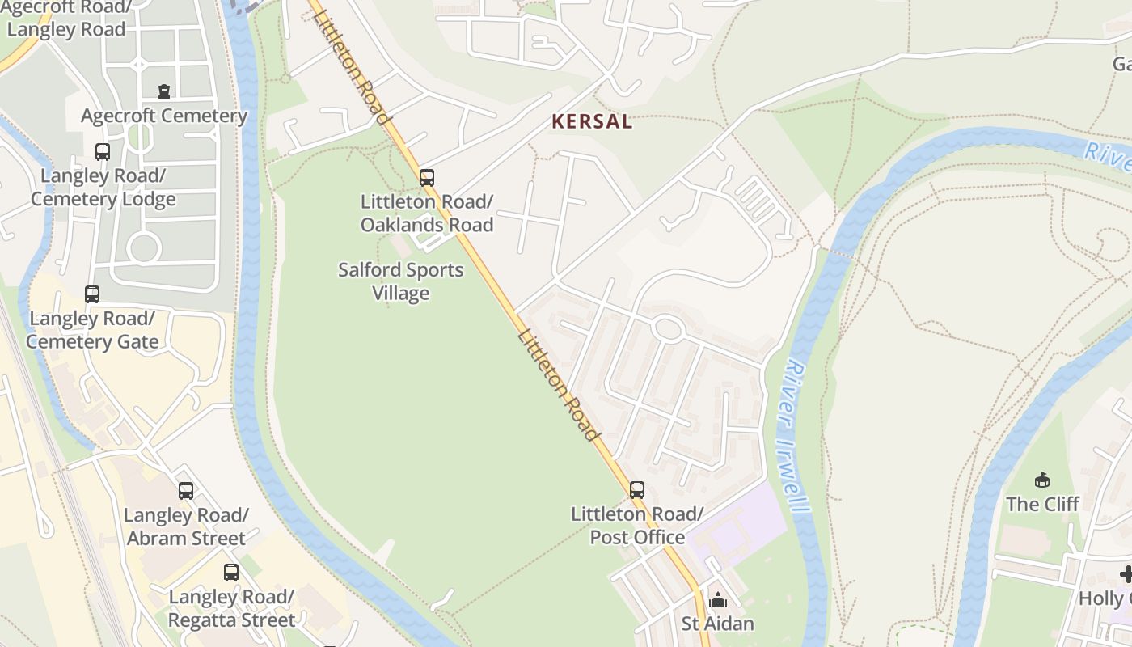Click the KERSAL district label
[591, 122]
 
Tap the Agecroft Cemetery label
[164, 116]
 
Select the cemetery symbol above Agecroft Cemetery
[164, 91]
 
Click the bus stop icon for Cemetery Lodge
[103, 151]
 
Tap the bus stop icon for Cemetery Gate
[92, 294]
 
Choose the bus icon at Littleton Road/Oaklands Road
[426, 177]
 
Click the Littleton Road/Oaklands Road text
[426, 213]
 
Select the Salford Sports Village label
[401, 281]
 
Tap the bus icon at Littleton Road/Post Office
[637, 489]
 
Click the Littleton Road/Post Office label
[637, 526]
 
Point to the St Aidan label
[717, 624]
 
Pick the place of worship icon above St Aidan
[717, 600]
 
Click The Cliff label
[1042, 504]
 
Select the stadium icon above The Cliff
[1042, 480]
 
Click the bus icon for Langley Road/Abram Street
[186, 490]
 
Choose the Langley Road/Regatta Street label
[231, 608]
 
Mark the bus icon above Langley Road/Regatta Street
[231, 573]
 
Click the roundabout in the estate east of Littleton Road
[668, 328]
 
